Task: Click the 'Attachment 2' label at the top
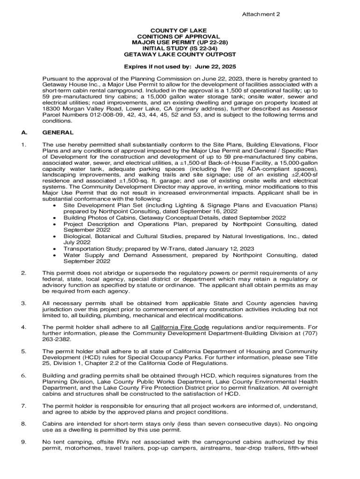click(x=261, y=15)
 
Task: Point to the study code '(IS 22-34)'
click(x=206, y=48)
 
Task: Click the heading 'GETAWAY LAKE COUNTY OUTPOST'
click(x=180, y=54)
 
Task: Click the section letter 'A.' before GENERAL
click(x=24, y=132)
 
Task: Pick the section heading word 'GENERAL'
click(x=58, y=132)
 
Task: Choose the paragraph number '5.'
click(x=23, y=351)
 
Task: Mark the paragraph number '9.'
click(x=23, y=442)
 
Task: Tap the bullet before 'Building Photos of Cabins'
click(x=56, y=218)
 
